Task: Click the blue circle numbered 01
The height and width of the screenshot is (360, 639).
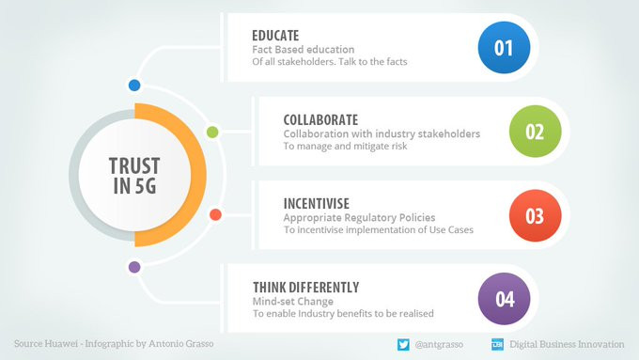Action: tap(504, 48)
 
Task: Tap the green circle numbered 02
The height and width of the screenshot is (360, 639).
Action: tap(535, 132)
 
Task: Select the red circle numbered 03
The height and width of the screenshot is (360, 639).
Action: tap(535, 215)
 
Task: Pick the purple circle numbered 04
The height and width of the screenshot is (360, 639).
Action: tap(504, 299)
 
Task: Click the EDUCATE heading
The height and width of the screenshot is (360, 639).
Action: tap(275, 36)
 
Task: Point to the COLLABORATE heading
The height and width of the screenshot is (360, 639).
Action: tap(320, 120)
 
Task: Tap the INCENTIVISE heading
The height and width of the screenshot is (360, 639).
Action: tap(317, 203)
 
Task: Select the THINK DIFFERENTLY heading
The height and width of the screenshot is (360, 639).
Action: tap(305, 288)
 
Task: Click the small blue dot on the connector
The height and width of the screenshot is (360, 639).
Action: tap(134, 86)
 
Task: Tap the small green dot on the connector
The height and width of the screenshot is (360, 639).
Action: tap(212, 133)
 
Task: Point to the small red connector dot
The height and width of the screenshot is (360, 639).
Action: tap(215, 214)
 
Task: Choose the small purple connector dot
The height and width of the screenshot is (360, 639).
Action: tap(134, 267)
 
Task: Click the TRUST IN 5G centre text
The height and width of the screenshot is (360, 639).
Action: tap(134, 176)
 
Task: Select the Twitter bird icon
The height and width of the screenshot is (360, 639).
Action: tap(403, 345)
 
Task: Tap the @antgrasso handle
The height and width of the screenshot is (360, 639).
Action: tap(439, 345)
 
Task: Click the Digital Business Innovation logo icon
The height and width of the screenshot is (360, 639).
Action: tap(498, 345)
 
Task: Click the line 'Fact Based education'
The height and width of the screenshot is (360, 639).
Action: tap(304, 49)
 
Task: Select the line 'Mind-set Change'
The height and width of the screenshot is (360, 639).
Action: tap(293, 302)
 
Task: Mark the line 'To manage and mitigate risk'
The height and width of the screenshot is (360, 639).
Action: tap(345, 146)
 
